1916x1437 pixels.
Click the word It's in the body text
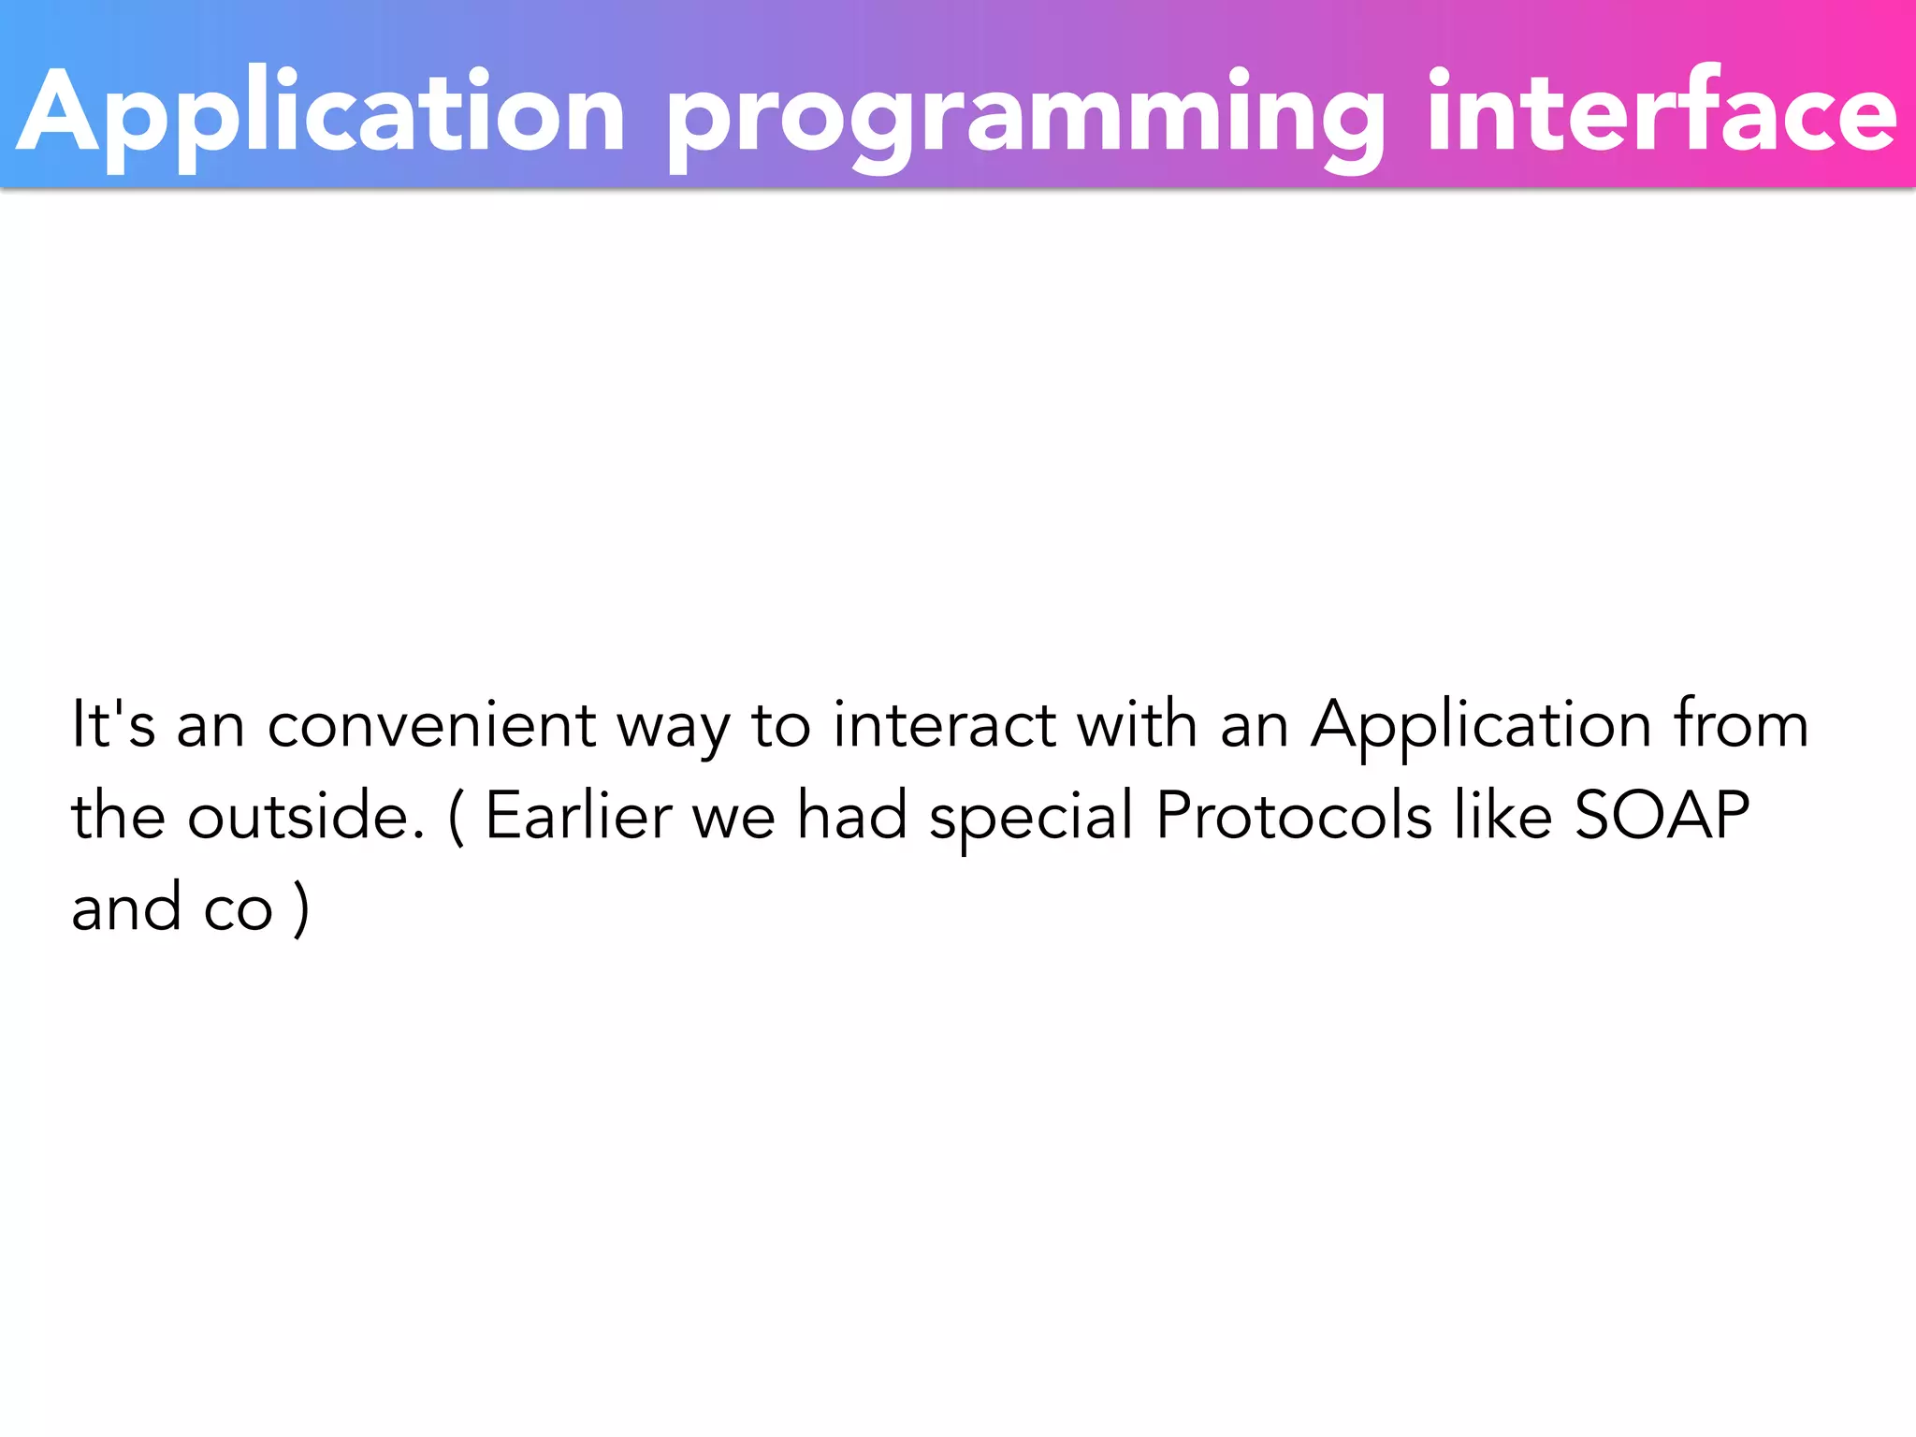(113, 724)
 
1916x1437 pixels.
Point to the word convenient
(431, 726)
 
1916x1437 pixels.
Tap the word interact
(945, 726)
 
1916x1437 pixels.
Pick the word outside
(306, 815)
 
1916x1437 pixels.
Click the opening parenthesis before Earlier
(456, 817)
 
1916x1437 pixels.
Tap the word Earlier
(578, 815)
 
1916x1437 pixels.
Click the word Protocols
(1294, 815)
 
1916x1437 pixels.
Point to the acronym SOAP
(1662, 815)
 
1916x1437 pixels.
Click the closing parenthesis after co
(300, 908)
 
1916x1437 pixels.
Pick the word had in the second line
(851, 815)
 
